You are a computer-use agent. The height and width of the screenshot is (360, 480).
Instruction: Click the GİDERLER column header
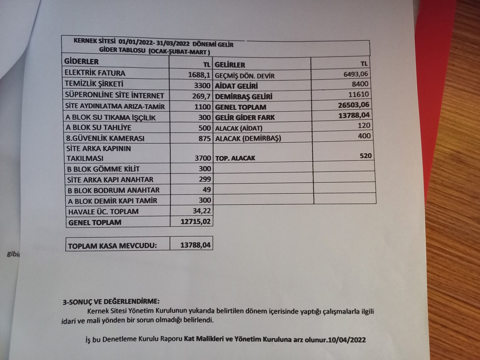pos(81,61)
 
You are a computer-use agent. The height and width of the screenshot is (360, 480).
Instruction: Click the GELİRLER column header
pos(230,65)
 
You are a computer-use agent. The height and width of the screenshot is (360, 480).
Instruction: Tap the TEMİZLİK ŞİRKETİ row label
pos(94,84)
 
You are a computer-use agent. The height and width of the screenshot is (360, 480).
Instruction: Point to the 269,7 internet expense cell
pos(202,96)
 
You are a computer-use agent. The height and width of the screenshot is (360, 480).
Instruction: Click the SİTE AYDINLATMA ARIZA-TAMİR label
pos(115,106)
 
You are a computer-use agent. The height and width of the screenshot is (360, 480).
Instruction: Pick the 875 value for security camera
pos(205,138)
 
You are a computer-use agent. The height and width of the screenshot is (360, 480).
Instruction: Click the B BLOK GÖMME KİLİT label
pos(103,169)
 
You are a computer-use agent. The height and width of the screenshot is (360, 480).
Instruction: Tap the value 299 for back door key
pos(205,179)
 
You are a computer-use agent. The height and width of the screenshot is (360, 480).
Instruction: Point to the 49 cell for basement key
pos(207,190)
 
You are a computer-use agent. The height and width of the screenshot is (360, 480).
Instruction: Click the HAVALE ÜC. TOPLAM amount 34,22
pos(202,211)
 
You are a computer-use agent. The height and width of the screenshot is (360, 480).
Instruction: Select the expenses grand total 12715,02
pos(196,222)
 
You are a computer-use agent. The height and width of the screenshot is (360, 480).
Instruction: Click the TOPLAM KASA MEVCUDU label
pos(112,246)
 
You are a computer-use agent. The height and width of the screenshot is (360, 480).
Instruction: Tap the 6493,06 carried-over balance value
pos(355,74)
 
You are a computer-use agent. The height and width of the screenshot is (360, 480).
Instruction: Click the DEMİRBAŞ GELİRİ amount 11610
pos(358,94)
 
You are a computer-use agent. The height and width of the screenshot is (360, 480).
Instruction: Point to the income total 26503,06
pos(353,105)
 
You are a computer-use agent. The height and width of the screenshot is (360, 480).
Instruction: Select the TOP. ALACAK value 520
pos(365,156)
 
